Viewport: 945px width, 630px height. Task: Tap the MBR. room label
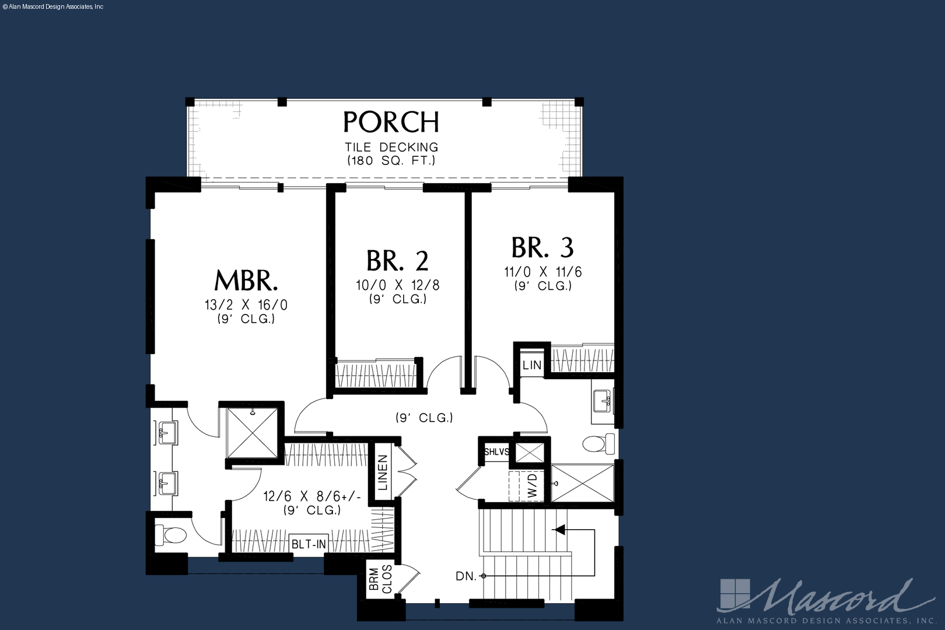coord(246,280)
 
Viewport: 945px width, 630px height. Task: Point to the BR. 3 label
coord(542,247)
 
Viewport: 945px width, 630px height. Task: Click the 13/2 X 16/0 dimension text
coord(246,304)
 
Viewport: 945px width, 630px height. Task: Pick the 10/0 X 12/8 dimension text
coord(398,285)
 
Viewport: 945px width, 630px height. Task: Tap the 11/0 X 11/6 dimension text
coord(543,272)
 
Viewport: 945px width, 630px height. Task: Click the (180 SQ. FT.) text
coord(391,160)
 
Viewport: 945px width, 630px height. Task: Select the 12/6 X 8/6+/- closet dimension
coord(312,496)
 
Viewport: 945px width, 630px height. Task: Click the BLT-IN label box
coord(309,544)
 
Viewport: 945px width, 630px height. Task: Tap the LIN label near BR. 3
coord(531,365)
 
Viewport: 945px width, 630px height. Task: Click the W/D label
coord(533,485)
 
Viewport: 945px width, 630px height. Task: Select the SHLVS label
coord(496,452)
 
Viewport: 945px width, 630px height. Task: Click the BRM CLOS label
coord(380,580)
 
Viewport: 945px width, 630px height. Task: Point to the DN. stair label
coord(466,576)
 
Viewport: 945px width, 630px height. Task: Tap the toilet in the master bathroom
coord(170,535)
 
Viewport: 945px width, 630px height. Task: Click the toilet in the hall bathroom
coord(598,443)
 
